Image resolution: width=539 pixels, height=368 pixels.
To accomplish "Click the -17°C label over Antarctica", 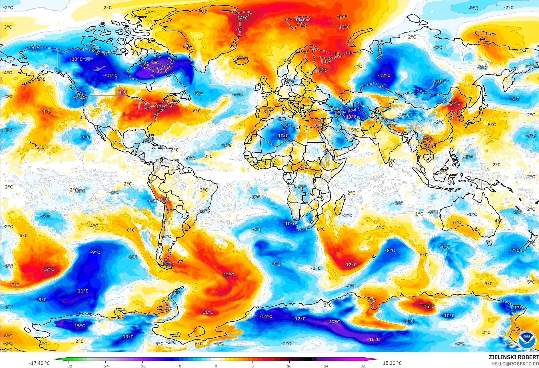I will click(334, 322).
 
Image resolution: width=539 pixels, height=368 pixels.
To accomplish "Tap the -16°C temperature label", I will click(373, 339).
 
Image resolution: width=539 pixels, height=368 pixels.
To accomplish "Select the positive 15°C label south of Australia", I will click(428, 307).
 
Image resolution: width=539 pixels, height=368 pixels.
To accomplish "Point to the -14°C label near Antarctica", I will click(266, 317).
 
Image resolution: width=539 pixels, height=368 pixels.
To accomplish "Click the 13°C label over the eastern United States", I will click(161, 107).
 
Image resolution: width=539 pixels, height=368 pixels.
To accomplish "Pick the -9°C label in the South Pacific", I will click(95, 252).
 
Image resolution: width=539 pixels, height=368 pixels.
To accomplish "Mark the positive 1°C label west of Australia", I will click(419, 214).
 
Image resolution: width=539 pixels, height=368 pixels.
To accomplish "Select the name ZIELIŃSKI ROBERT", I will click(513, 357).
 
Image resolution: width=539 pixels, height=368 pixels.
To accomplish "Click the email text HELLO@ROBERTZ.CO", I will click(515, 364).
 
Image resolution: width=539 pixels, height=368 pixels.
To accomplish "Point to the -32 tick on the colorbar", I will click(69, 366).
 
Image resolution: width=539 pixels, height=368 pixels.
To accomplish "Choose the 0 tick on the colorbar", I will click(216, 366).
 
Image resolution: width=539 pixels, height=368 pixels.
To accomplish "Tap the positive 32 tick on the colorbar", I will click(362, 366).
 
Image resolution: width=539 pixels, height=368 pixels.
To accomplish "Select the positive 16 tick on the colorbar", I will click(289, 366).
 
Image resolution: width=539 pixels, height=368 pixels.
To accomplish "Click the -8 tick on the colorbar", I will click(179, 366).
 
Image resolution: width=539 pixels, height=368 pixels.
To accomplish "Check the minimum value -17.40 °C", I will click(39, 363).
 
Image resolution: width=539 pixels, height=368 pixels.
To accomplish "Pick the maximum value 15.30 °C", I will click(392, 363).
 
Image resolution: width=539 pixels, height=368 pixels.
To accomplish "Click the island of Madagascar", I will click(340, 204).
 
